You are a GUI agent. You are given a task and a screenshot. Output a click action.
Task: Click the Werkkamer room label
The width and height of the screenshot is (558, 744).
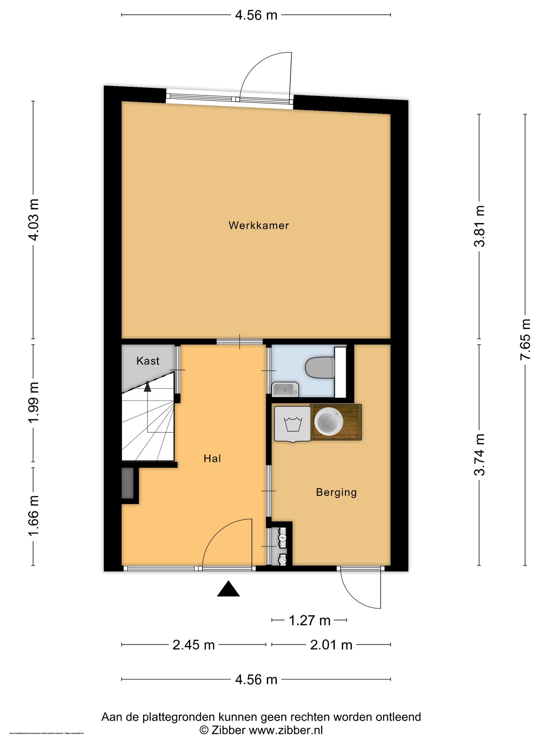(259, 225)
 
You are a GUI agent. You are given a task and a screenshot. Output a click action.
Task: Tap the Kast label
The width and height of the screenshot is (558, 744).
(148, 361)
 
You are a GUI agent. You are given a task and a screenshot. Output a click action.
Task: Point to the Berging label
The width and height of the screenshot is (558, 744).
(336, 492)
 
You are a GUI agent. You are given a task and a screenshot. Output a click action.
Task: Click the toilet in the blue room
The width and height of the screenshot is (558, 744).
(320, 367)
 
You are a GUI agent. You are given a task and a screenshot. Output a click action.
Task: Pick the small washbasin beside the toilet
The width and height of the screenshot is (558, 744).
(285, 390)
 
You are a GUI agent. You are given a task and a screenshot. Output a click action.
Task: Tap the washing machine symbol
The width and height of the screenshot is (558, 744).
(292, 424)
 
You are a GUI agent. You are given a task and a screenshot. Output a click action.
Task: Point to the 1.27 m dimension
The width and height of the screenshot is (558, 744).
(310, 620)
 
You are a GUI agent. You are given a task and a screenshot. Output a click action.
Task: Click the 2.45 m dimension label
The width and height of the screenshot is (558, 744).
(193, 645)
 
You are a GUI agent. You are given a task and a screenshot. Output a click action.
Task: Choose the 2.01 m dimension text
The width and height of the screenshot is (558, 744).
(331, 645)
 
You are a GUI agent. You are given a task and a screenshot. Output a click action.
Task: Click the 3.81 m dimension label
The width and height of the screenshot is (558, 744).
(479, 226)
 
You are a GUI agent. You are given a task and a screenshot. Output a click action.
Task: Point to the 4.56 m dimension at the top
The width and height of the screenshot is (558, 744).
(256, 15)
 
